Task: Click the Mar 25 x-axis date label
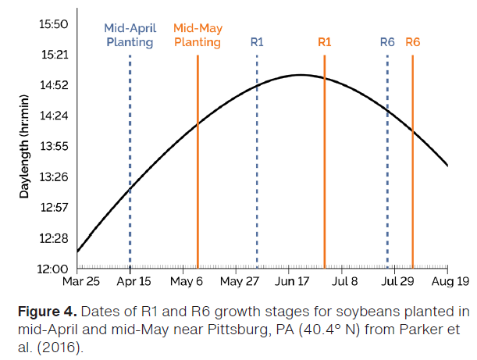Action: (x=81, y=282)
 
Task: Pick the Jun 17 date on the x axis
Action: (x=290, y=282)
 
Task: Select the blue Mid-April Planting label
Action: (x=130, y=35)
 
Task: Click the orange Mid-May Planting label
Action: (x=198, y=35)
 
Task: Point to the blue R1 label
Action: (x=257, y=42)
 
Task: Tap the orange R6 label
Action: (x=413, y=42)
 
